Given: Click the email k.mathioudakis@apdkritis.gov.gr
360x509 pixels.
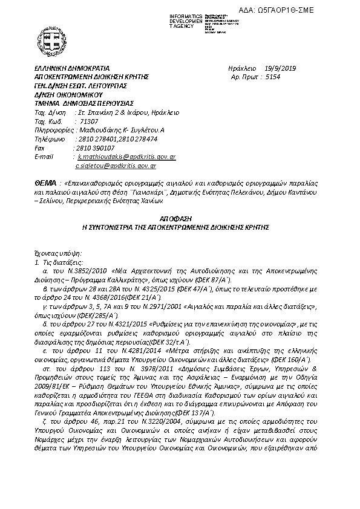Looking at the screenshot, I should (x=126, y=156).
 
